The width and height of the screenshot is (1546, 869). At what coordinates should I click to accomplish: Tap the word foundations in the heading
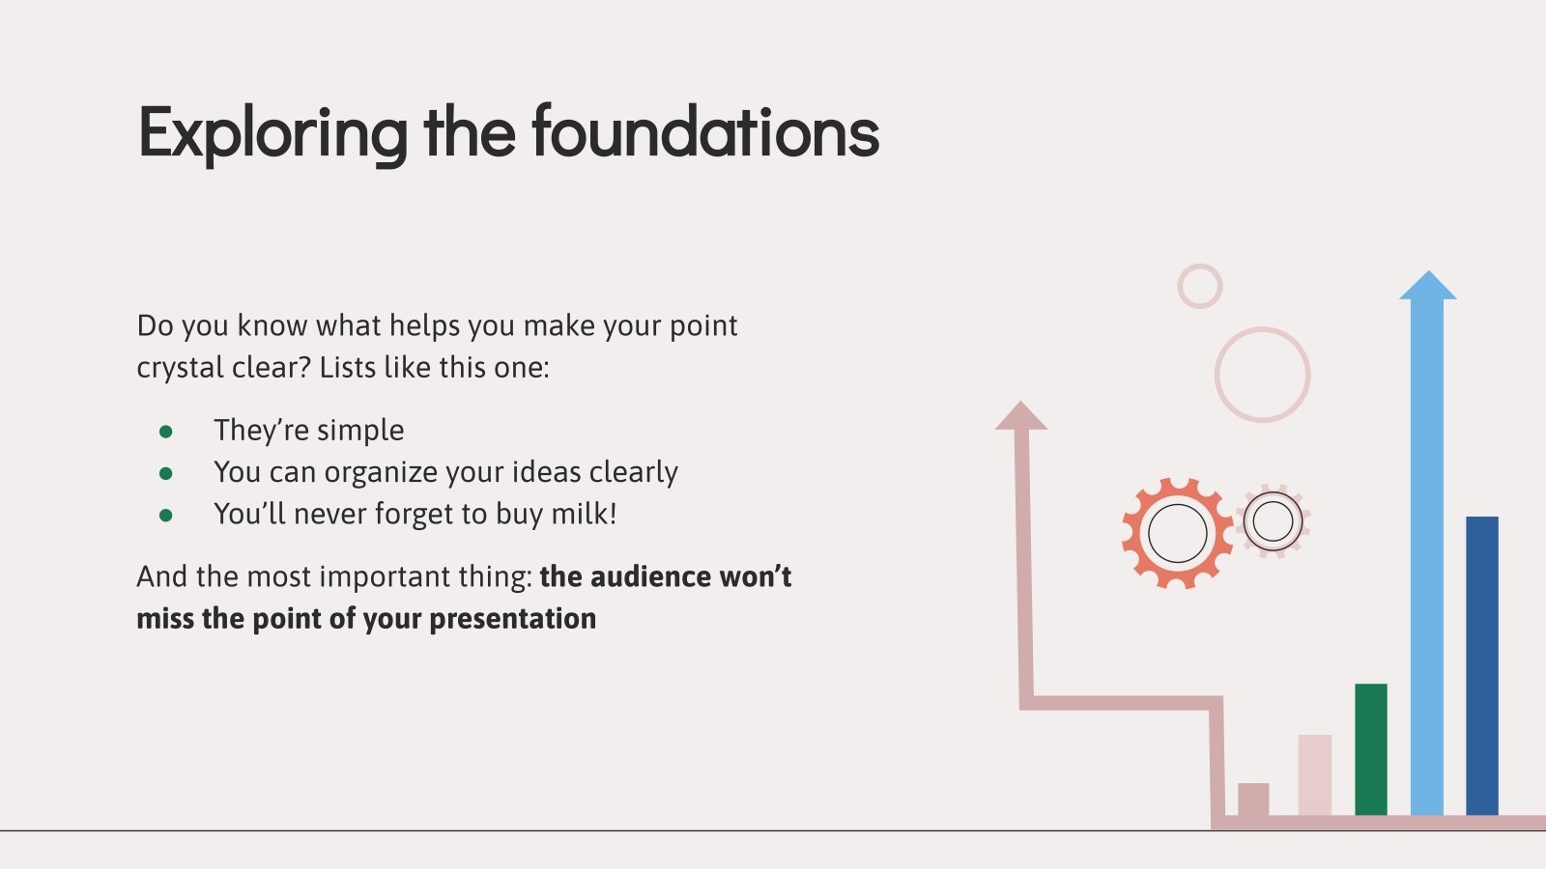[705, 131]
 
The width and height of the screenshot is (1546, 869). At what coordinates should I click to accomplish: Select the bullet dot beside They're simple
[165, 432]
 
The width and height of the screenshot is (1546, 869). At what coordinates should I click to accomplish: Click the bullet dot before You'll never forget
[165, 516]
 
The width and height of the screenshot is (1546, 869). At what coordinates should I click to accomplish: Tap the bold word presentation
[513, 620]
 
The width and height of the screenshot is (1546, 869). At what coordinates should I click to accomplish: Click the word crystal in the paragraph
[180, 369]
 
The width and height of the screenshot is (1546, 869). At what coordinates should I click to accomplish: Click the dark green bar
[1371, 749]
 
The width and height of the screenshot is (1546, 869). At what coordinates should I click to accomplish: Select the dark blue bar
[1482, 666]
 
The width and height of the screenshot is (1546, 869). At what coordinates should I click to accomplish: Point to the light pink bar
[1315, 775]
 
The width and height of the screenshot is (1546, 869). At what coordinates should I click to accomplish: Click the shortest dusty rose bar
[1253, 799]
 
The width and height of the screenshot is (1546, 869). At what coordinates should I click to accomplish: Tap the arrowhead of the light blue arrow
[1428, 286]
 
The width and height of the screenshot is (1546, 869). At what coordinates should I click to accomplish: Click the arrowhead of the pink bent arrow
[1020, 416]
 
